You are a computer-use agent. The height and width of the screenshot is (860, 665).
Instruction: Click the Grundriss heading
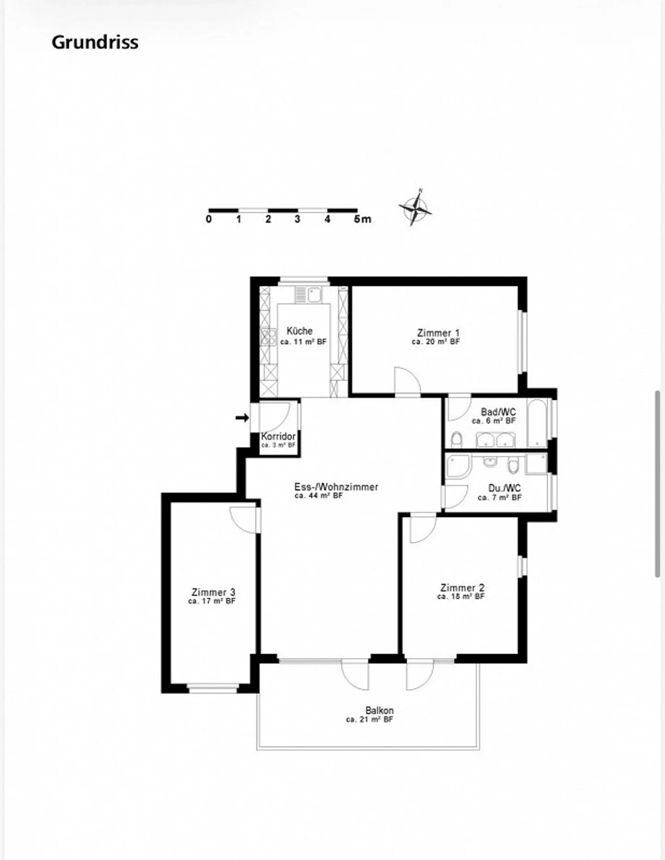[x=95, y=42]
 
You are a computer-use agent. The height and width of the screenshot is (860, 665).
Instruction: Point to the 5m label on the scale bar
[x=363, y=219]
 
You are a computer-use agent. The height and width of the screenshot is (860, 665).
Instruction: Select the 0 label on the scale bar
[x=209, y=219]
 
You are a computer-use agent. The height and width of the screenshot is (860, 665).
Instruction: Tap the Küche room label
[x=299, y=331]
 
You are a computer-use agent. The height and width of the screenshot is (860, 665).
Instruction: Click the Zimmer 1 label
[x=438, y=333]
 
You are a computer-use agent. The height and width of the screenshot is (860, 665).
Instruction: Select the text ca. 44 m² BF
[x=319, y=496]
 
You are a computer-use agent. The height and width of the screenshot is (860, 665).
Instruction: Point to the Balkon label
[x=379, y=711]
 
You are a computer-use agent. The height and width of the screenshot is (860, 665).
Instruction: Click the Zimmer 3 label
[x=213, y=592]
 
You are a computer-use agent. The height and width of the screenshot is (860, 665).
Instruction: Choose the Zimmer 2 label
[x=462, y=588]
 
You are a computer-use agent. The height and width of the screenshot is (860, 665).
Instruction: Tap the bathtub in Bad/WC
[x=537, y=424]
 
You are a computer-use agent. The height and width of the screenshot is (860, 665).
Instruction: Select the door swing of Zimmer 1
[x=406, y=381]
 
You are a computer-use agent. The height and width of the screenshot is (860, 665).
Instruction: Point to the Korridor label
[x=278, y=436]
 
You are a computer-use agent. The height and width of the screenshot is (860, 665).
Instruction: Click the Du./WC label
[x=504, y=488]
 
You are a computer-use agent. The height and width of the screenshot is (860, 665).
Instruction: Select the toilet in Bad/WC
[x=456, y=440]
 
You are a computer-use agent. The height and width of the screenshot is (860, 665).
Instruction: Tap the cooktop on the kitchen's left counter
[x=267, y=337]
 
